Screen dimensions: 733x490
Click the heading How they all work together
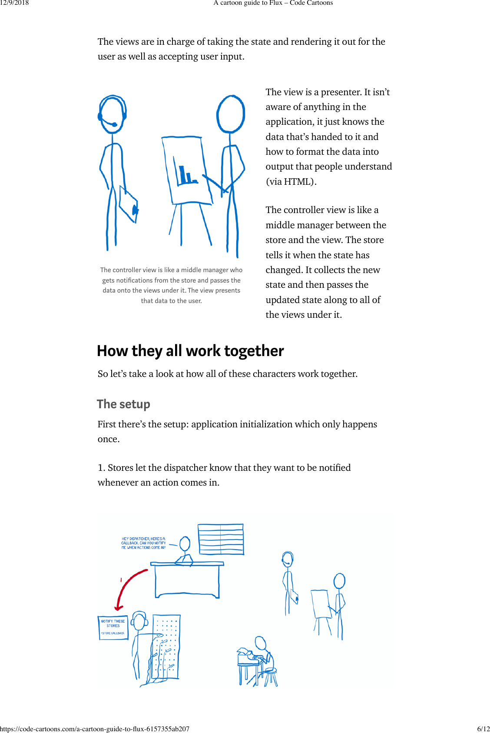(190, 351)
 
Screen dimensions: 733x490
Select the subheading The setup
(123, 404)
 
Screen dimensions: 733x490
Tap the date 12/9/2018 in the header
(14, 3)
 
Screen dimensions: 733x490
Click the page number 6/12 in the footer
(483, 729)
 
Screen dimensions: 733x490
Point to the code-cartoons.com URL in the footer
(95, 729)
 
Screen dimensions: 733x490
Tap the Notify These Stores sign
(113, 627)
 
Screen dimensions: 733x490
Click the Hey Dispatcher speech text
(143, 543)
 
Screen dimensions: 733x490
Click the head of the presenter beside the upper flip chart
(231, 114)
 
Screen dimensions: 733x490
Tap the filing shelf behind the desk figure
(221, 539)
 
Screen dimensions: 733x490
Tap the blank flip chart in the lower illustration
(320, 603)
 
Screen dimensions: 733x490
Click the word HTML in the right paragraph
(298, 182)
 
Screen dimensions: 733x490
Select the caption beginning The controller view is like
(171, 285)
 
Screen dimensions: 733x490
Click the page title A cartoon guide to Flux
(273, 3)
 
